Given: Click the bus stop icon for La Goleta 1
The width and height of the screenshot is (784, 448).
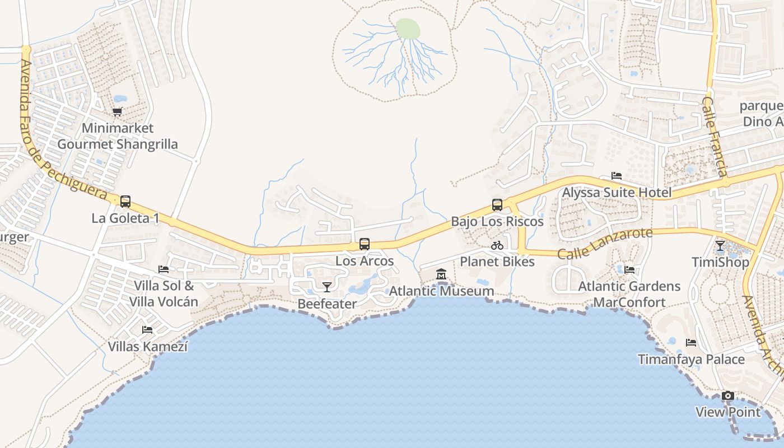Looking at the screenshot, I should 125,202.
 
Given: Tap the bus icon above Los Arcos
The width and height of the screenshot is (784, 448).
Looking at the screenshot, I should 365,244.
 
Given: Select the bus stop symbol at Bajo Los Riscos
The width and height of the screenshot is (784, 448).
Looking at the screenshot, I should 497,205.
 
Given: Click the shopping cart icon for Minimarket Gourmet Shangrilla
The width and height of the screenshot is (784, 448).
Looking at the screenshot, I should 118,111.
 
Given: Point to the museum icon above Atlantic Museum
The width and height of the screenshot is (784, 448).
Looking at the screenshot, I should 441,274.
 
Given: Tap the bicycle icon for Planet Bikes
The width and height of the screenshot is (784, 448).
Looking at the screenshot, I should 497,245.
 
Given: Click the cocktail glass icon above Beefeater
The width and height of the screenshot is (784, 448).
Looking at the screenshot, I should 327,287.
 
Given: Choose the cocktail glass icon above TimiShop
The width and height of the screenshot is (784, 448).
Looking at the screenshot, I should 720,246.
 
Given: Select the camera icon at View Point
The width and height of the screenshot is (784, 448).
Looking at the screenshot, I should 728,396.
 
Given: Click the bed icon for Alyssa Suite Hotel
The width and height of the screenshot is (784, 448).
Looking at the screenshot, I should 617,176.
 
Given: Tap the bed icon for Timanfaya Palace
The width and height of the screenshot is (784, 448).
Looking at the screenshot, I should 692,343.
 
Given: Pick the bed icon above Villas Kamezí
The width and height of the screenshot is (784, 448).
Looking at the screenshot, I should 147,330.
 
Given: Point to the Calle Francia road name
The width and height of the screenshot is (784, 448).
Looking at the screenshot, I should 716,137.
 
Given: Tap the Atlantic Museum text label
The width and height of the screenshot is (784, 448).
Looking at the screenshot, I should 441,291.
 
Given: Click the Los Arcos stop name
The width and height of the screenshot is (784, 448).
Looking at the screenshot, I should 365,261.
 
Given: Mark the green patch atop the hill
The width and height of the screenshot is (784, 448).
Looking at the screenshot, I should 408,29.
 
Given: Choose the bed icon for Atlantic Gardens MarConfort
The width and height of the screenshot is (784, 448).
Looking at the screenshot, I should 629,270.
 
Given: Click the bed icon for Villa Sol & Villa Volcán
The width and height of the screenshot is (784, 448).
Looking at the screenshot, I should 164,269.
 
